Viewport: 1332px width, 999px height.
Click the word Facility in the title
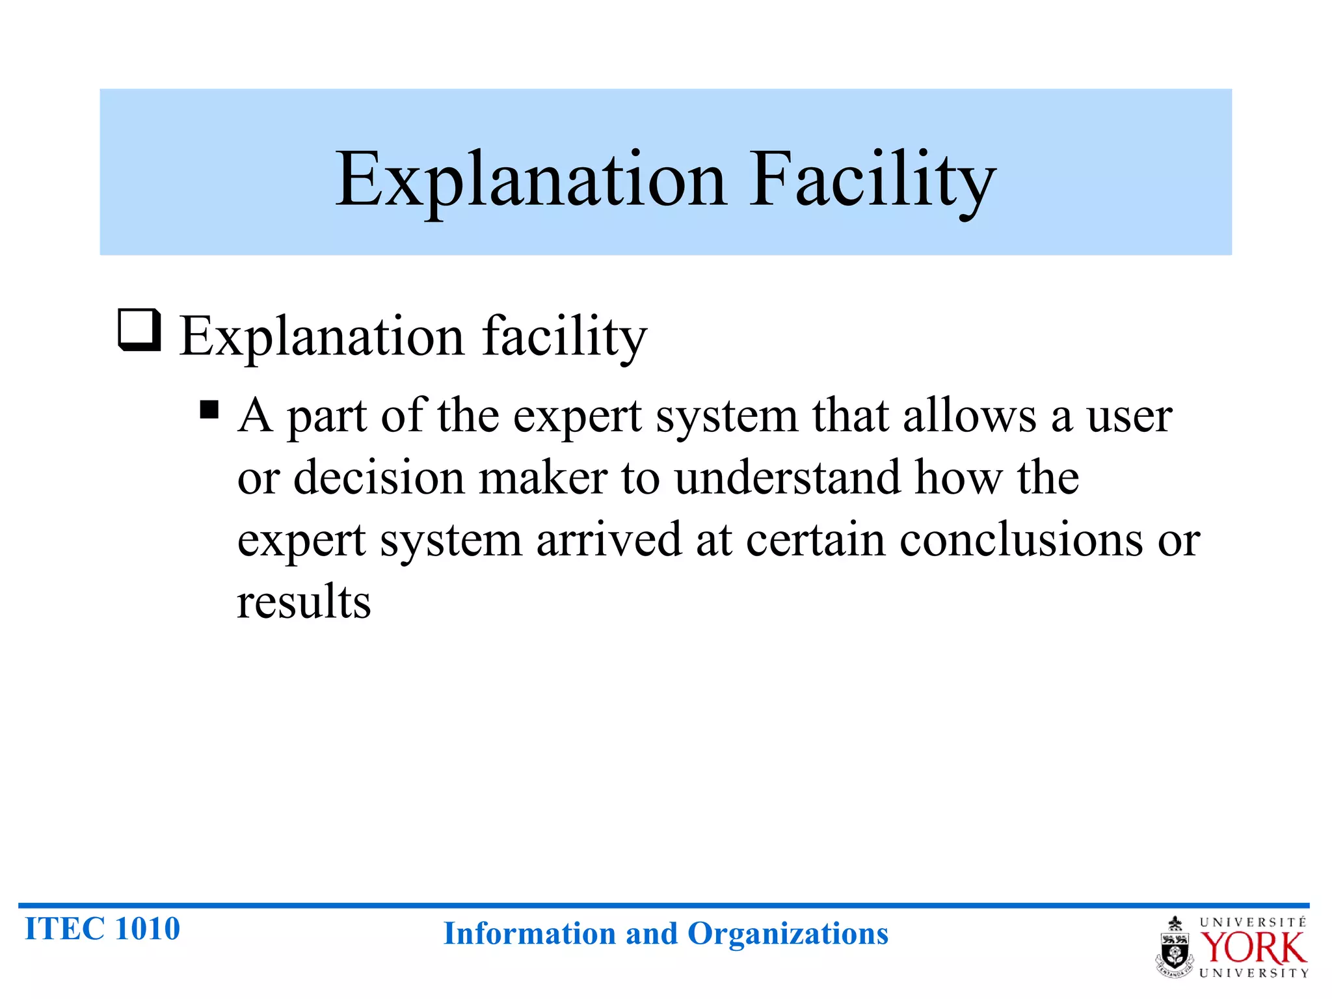(x=872, y=180)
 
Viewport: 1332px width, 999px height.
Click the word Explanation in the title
(x=530, y=180)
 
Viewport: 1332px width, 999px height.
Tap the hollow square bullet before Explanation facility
(x=139, y=330)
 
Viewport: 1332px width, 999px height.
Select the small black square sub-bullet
(x=209, y=410)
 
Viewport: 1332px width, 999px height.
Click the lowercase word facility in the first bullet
(x=564, y=337)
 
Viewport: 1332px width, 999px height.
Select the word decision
(x=379, y=478)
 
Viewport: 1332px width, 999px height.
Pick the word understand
(x=788, y=478)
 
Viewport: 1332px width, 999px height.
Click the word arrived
(x=609, y=540)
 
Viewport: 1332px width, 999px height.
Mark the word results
(x=304, y=602)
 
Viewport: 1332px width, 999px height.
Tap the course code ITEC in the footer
(x=64, y=929)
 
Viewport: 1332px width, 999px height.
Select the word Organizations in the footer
(x=788, y=935)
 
